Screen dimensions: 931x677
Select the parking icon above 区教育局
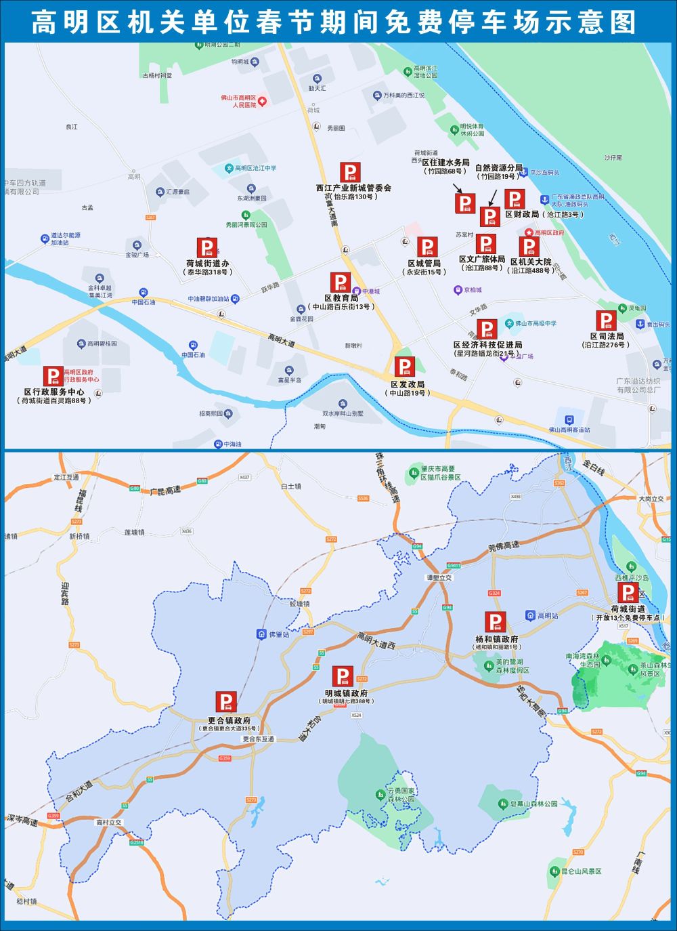point(341,283)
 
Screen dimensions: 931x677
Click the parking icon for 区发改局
point(405,367)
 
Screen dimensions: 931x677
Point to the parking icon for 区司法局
point(606,320)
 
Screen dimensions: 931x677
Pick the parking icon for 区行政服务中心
point(53,376)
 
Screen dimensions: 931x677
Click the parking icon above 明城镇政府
point(343,676)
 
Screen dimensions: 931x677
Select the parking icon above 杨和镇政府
point(495,622)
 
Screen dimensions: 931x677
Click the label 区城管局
point(424,263)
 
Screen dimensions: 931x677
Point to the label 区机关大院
point(531,262)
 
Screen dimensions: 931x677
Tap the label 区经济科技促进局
point(487,344)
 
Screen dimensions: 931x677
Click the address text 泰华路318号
point(208,272)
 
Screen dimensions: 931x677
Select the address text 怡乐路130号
point(353,196)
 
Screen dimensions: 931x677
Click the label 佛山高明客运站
point(569,430)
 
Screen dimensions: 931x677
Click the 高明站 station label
point(547,616)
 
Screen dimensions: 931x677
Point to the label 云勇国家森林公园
point(401,795)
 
